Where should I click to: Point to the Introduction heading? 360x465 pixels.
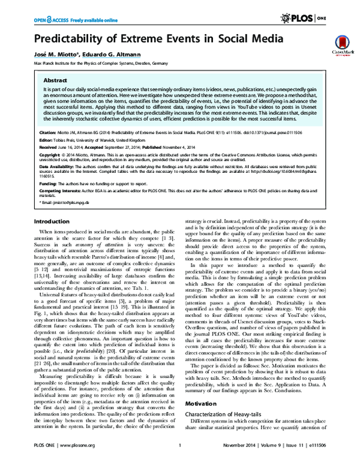coord(50,221)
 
